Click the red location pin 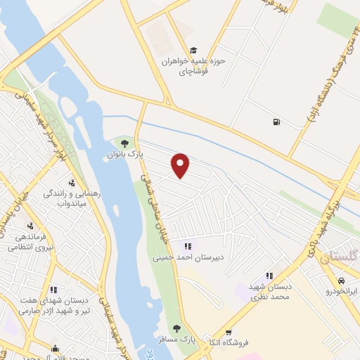181,165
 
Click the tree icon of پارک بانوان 125,143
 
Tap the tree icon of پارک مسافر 176,328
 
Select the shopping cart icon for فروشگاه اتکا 229,332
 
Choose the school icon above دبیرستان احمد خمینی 187,245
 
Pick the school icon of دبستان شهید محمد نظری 268,276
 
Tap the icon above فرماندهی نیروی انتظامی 30,226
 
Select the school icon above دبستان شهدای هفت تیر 53,289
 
